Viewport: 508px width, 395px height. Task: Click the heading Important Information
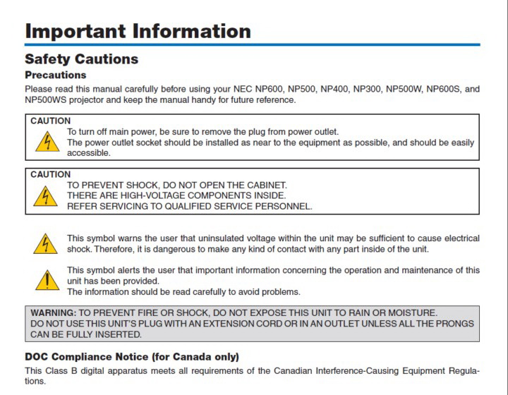pos(138,31)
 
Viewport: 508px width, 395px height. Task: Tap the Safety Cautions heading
pos(81,59)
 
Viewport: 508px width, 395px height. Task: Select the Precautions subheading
pos(55,75)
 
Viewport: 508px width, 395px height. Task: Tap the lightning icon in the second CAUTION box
pos(46,196)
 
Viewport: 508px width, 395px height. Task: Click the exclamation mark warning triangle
pos(46,281)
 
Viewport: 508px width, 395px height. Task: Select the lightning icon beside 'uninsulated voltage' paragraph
pos(46,244)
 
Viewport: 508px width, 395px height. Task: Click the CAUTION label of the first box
pos(51,121)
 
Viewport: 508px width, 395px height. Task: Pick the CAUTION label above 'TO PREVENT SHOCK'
pos(51,174)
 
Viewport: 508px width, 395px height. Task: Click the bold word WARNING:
pos(54,312)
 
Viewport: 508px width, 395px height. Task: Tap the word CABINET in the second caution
pos(267,186)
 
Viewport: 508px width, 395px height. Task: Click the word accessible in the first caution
pos(90,153)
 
